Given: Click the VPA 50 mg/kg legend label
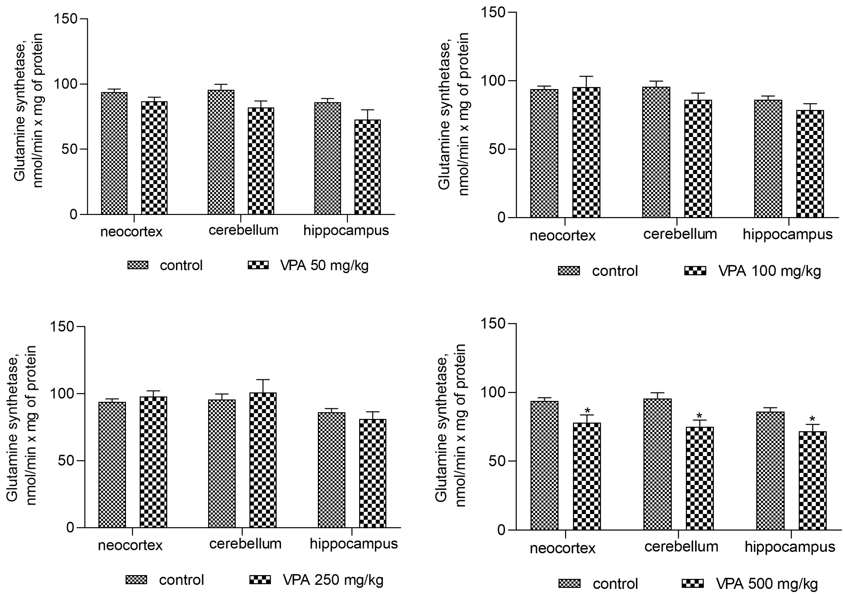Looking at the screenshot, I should coord(324,265).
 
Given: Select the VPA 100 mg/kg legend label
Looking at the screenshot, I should coord(769,271).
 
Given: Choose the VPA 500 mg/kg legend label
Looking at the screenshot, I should coord(766,584).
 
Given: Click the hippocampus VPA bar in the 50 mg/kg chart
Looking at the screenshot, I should coord(367,168).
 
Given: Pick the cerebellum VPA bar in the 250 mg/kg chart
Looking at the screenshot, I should coord(263,460).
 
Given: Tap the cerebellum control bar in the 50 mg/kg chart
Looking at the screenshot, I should coord(221,153).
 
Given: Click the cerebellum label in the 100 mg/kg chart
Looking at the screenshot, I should coord(680,234).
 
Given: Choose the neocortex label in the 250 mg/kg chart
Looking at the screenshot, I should coord(130,545).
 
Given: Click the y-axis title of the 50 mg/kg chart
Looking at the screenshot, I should coord(29,111).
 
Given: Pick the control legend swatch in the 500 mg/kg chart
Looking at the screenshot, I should coord(569,584).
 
